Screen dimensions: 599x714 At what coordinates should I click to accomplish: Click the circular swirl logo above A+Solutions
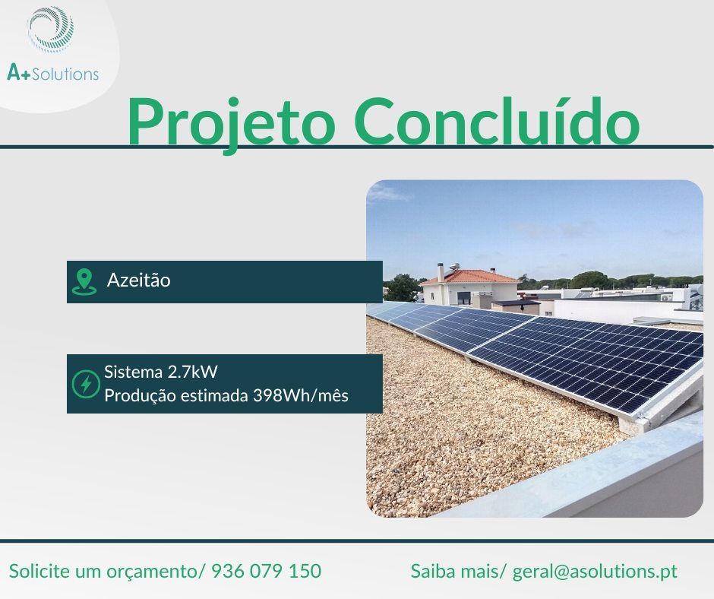[51, 30]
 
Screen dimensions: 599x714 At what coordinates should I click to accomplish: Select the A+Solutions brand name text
[52, 74]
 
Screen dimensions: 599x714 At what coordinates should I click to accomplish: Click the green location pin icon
[84, 281]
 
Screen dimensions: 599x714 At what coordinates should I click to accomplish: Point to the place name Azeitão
[139, 280]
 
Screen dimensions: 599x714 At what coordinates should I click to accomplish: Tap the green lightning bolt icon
[85, 384]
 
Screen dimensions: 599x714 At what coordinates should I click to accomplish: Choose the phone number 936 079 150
[266, 571]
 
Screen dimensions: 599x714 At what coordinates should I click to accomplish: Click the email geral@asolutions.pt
[595, 571]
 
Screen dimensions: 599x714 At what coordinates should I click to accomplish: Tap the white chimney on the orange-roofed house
[441, 271]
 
